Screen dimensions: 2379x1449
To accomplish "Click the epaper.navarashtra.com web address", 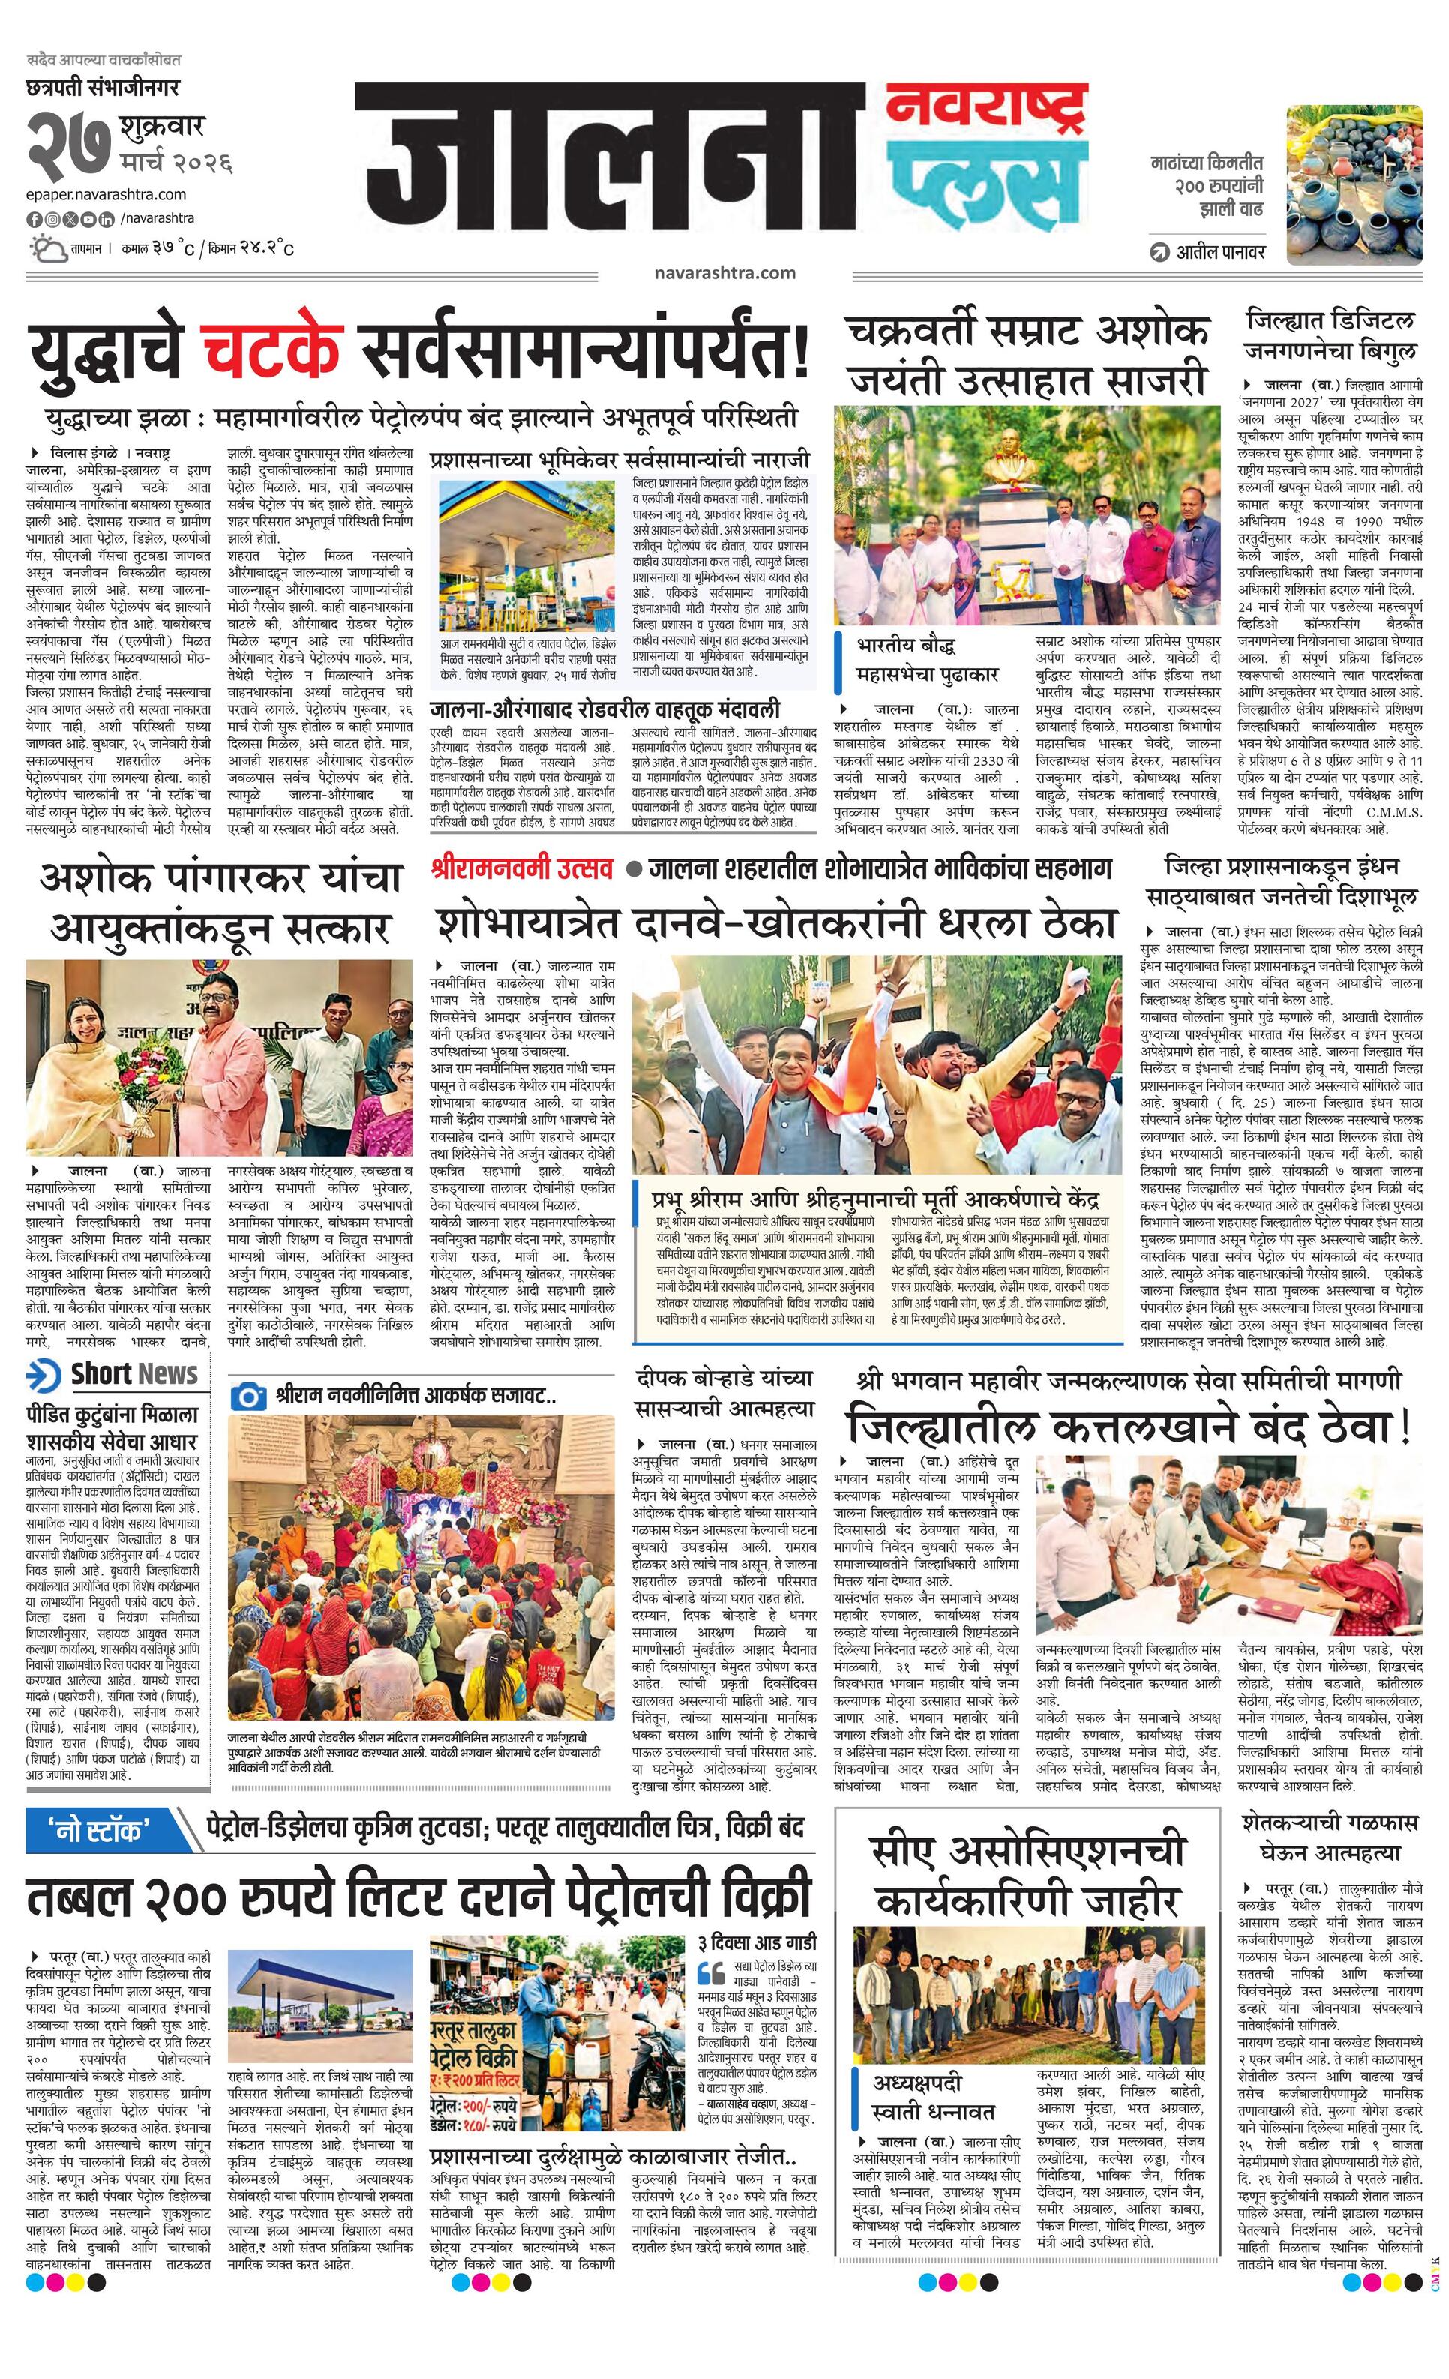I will point(106,194).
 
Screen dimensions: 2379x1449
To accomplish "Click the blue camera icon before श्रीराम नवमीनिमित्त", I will point(249,1395).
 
